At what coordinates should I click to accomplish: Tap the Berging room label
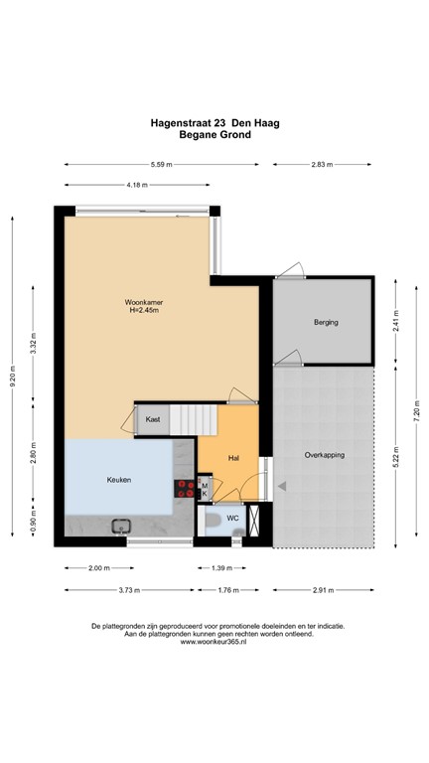pos(326,323)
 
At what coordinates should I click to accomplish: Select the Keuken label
pos(119,480)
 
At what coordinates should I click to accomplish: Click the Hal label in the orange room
pos(234,458)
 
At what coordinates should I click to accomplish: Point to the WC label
pos(232,519)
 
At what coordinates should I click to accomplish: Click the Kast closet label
pos(153,420)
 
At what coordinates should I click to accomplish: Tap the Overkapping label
pos(324,454)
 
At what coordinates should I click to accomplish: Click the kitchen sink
pos(123,527)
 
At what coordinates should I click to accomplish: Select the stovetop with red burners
pos(186,488)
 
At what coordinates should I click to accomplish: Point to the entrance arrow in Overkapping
pos(282,486)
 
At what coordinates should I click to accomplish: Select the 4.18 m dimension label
pos(137,185)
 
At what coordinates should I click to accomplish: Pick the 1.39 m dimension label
pos(223,568)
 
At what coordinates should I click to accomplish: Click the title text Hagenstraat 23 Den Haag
pos(214,124)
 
